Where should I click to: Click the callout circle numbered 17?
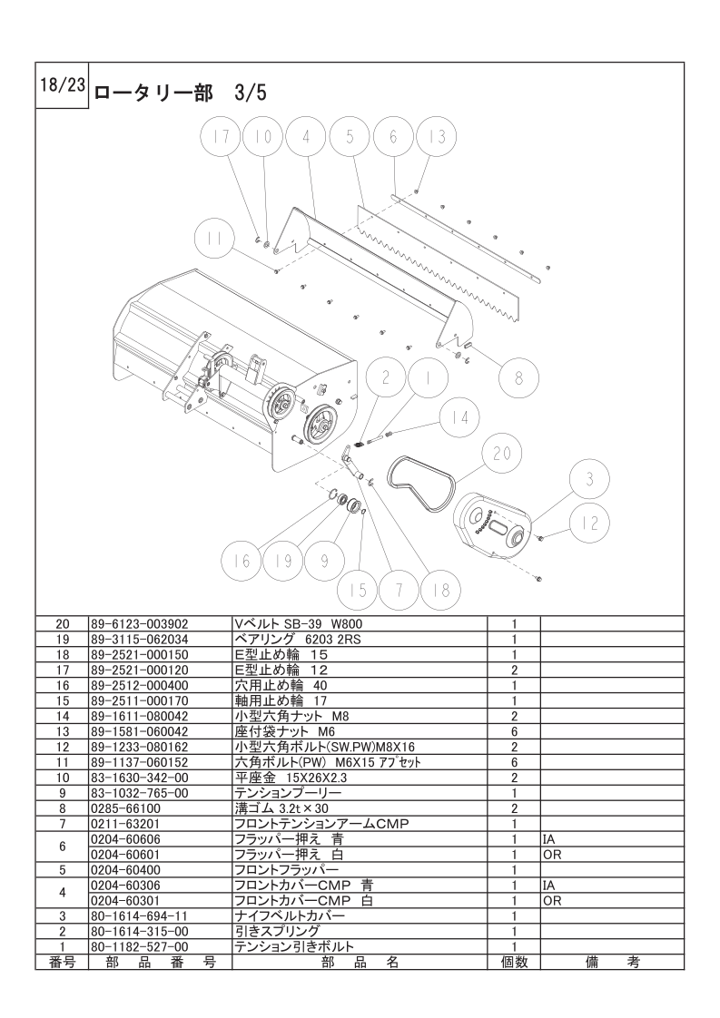(x=221, y=138)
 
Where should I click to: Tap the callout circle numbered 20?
(x=502, y=454)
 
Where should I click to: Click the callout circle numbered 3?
(x=590, y=480)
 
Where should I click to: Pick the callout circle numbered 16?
(x=242, y=561)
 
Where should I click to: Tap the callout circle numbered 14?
(x=460, y=418)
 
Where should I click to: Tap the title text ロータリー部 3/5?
(x=181, y=93)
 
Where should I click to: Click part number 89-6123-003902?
(x=140, y=624)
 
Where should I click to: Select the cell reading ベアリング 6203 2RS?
(x=298, y=639)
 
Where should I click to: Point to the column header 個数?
(x=514, y=962)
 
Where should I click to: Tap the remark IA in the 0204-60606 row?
(x=548, y=839)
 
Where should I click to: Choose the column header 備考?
(x=612, y=962)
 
